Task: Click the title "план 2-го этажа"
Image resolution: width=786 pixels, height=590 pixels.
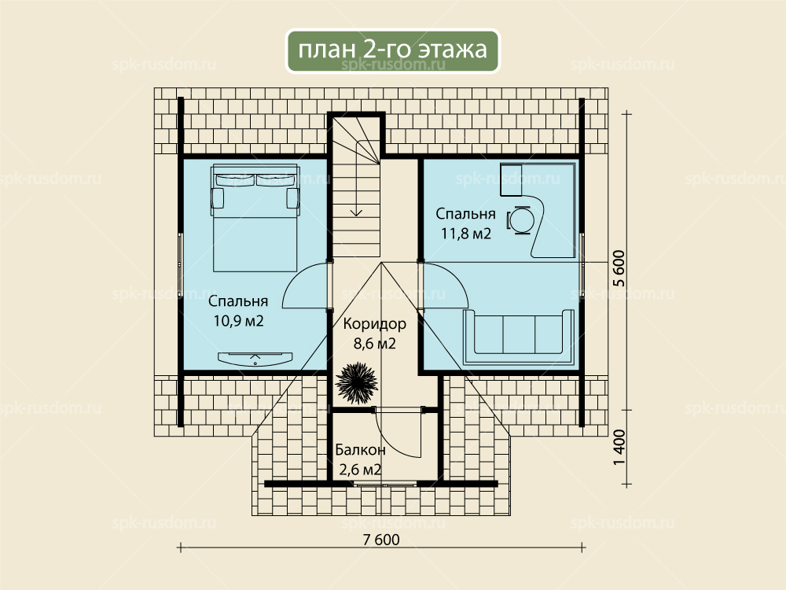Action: click(x=392, y=50)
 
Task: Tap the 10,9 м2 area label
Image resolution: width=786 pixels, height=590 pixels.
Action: click(x=239, y=321)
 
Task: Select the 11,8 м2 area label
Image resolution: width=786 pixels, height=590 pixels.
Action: click(x=465, y=234)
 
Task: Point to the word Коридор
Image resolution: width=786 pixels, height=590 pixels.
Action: click(x=374, y=324)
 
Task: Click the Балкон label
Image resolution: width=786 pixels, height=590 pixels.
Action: click(x=361, y=450)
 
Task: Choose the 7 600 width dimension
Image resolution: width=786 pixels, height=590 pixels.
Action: click(x=381, y=540)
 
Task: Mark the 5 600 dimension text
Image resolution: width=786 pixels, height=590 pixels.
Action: click(x=619, y=268)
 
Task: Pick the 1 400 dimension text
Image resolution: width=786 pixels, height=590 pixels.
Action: click(x=619, y=447)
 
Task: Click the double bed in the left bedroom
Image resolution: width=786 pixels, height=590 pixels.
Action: click(x=255, y=218)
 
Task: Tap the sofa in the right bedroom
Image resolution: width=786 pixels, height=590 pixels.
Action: click(x=519, y=337)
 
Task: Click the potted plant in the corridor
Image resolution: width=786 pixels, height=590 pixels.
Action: click(x=356, y=383)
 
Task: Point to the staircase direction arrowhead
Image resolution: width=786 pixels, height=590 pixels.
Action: click(x=356, y=212)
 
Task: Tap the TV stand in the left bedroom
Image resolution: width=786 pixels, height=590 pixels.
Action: click(x=255, y=358)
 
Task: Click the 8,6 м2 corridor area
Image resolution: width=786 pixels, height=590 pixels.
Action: click(x=374, y=344)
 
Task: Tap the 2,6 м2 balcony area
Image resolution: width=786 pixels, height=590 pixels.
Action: click(x=361, y=470)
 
